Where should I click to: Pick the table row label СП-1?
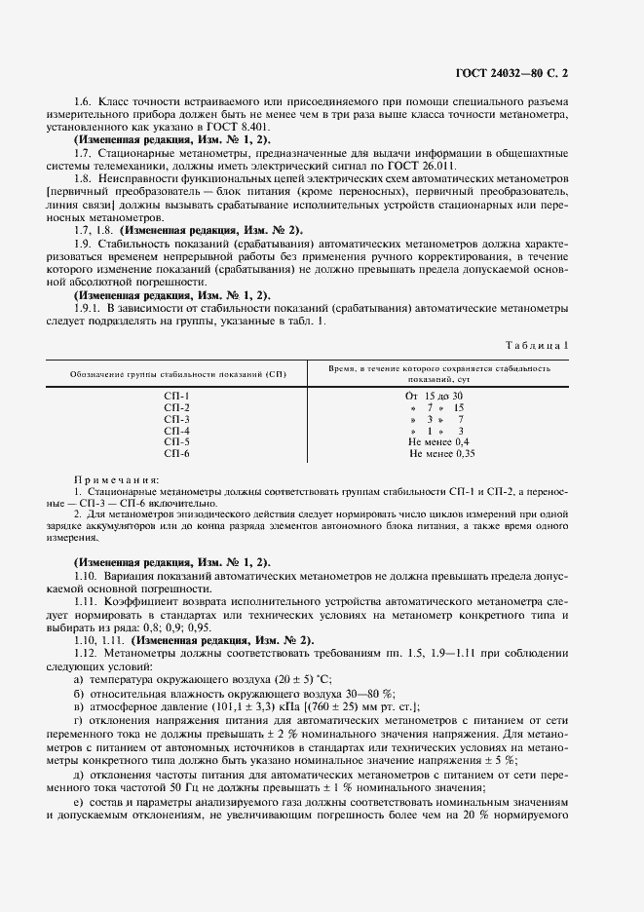point(177,396)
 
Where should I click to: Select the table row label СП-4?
point(177,431)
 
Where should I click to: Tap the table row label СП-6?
point(177,454)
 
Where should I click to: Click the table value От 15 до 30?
point(434,396)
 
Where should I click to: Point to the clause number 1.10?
point(89,576)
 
